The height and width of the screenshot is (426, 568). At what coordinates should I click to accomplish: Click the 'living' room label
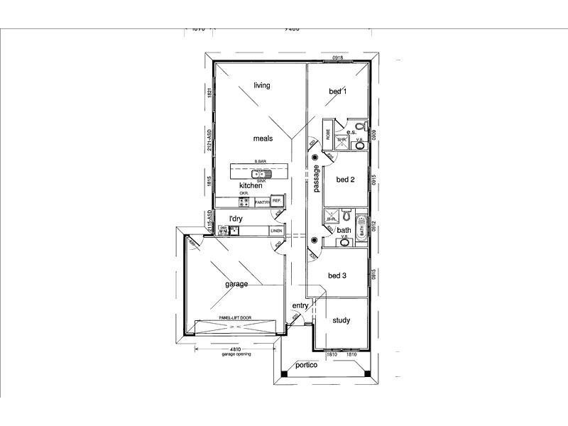pos(262,86)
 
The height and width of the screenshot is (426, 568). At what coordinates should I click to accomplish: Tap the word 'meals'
pos(263,139)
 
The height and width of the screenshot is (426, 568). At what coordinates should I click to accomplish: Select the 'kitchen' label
pos(251,185)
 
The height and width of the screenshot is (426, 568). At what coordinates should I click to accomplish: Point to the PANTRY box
pos(262,202)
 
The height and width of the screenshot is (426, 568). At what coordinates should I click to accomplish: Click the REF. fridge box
pos(277,202)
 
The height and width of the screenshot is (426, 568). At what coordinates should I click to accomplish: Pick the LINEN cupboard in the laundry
pos(276,231)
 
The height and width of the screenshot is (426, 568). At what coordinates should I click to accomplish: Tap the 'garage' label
pos(236,284)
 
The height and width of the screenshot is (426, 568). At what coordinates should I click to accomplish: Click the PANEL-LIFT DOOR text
pos(235,317)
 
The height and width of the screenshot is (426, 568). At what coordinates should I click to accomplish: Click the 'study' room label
pos(342,320)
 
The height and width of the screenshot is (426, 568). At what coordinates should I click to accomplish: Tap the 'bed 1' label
pos(337,92)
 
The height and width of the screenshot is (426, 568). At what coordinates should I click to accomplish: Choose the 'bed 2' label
pos(345,180)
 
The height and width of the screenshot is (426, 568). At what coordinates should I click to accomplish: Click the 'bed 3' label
pos(337,275)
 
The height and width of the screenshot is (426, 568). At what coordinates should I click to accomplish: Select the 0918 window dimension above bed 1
pos(338,58)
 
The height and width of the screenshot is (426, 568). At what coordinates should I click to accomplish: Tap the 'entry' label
pos(300,306)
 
